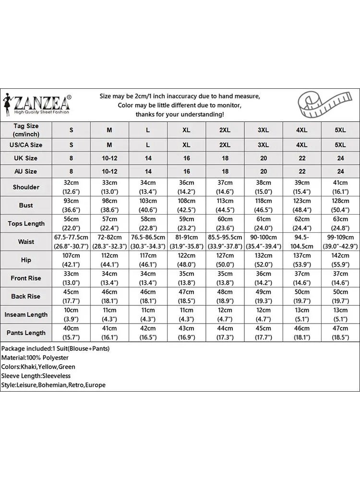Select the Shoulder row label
pyautogui.click(x=26, y=187)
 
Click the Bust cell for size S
pyautogui.click(x=71, y=205)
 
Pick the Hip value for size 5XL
pyautogui.click(x=340, y=260)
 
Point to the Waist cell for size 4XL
pyautogui.click(x=302, y=242)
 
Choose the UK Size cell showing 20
pyautogui.click(x=264, y=158)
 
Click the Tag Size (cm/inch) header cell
pyautogui.click(x=26, y=130)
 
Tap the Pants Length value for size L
pyautogui.click(x=148, y=333)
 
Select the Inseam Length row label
pyautogui.click(x=26, y=315)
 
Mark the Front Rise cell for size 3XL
pyautogui.click(x=264, y=278)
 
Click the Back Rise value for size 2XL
pyautogui.click(x=225, y=297)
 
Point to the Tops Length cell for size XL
pyautogui.click(x=187, y=224)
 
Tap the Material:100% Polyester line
pyautogui.click(x=35, y=358)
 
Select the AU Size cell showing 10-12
pyautogui.click(x=109, y=171)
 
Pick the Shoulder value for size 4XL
pyautogui.click(x=302, y=187)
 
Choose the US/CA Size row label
pyautogui.click(x=26, y=144)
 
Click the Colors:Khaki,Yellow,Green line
pyautogui.click(x=38, y=367)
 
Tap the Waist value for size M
pyautogui.click(x=109, y=242)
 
